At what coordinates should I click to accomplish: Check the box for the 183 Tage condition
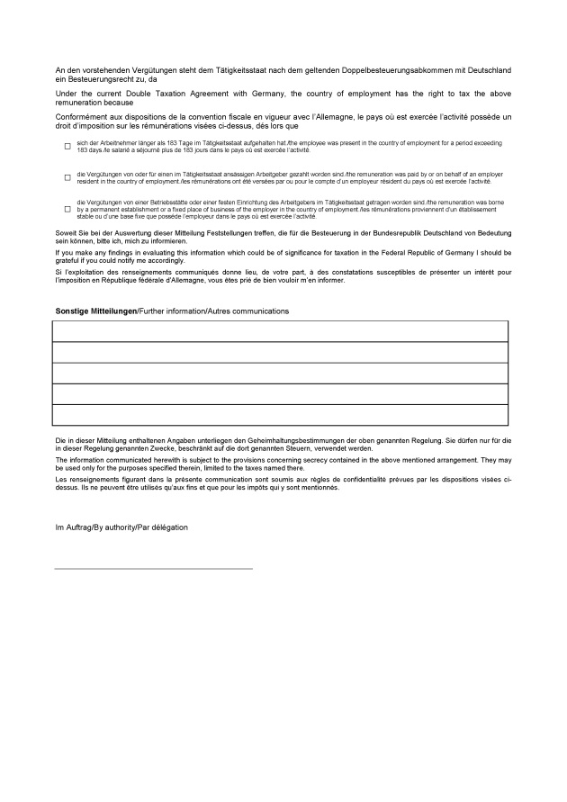click(x=67, y=146)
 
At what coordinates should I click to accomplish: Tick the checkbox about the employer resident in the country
click(x=67, y=177)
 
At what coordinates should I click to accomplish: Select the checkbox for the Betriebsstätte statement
click(x=67, y=209)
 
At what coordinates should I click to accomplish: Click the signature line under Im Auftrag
click(x=153, y=569)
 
